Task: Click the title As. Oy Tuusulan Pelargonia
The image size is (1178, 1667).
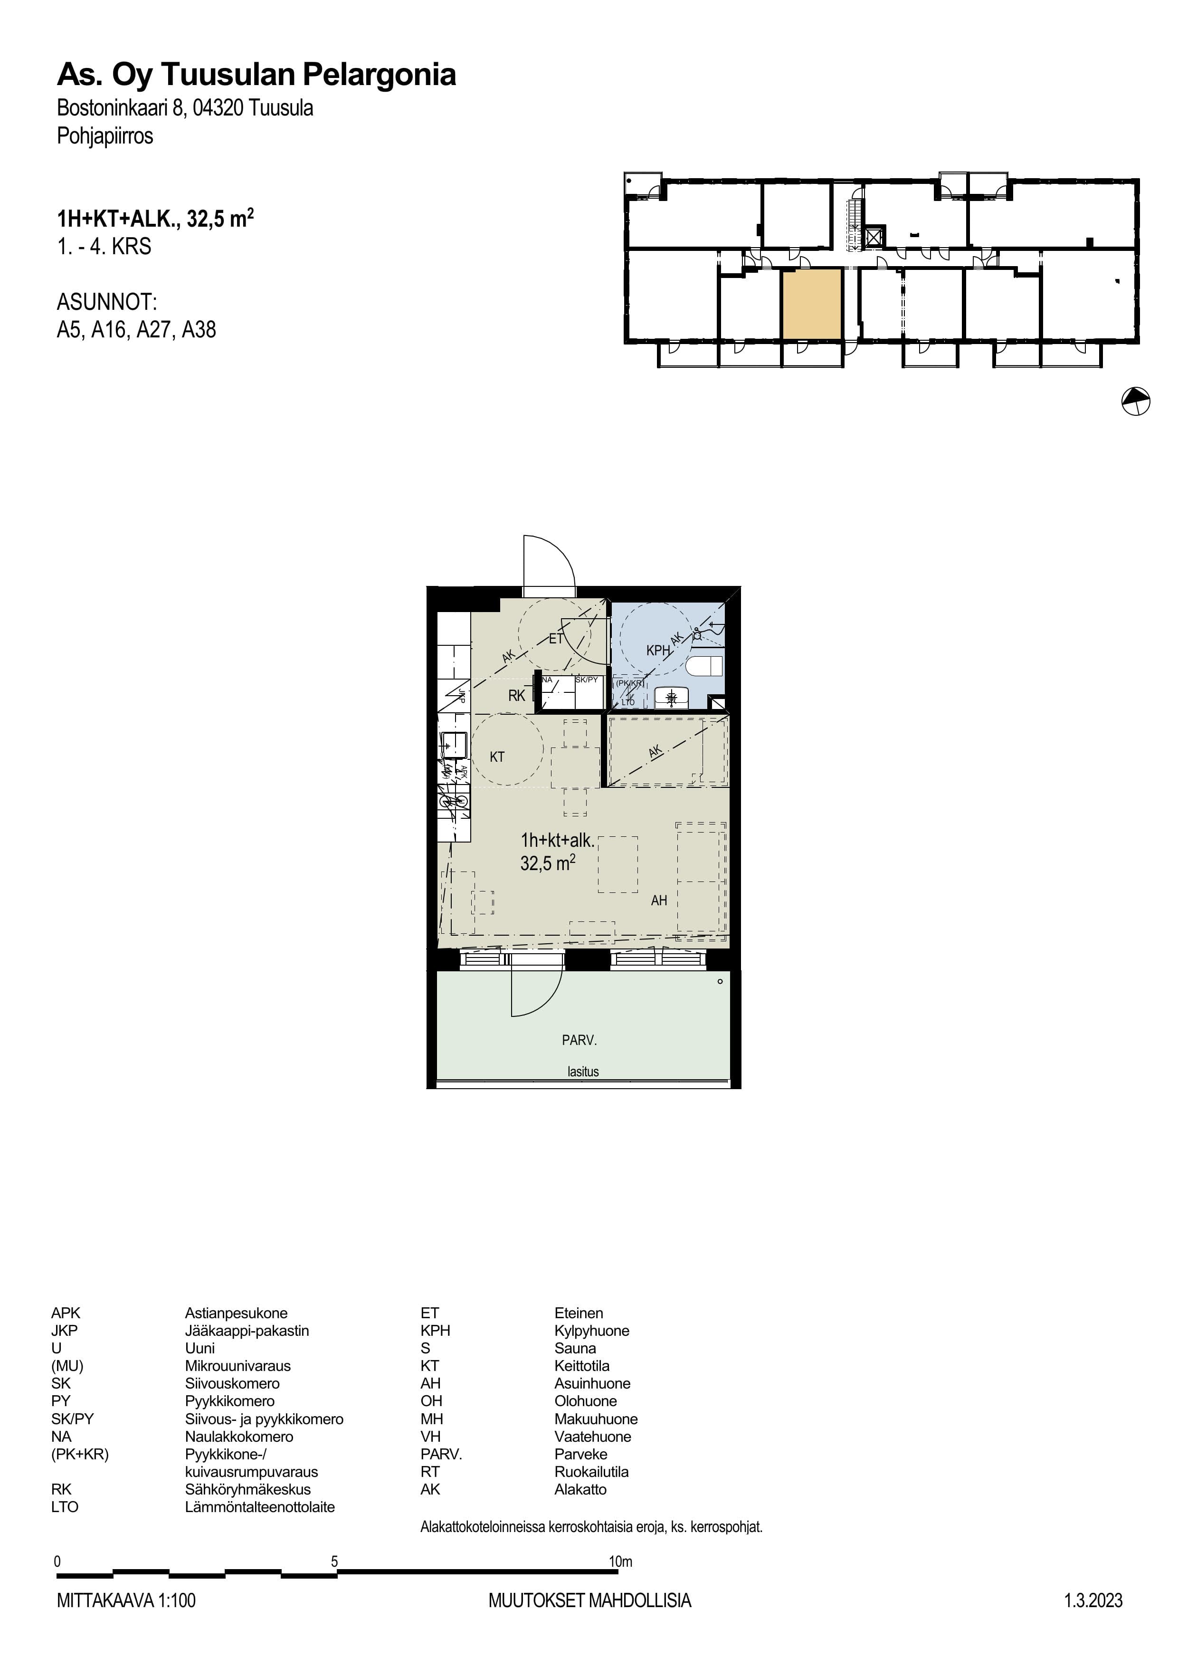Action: pos(256,75)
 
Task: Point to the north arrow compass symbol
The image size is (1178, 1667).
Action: pos(1136,401)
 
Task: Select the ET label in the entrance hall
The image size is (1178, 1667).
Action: pos(556,639)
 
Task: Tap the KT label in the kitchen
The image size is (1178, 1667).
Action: pos(497,757)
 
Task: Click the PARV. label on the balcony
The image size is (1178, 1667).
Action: pos(579,1040)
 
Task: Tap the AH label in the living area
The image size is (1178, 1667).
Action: pos(659,901)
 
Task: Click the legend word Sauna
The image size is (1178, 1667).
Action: pos(575,1348)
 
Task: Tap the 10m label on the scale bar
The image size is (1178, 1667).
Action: pos(620,1561)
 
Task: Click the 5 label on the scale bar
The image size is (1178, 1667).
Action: pos(334,1561)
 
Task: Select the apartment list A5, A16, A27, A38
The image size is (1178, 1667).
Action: pos(136,330)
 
